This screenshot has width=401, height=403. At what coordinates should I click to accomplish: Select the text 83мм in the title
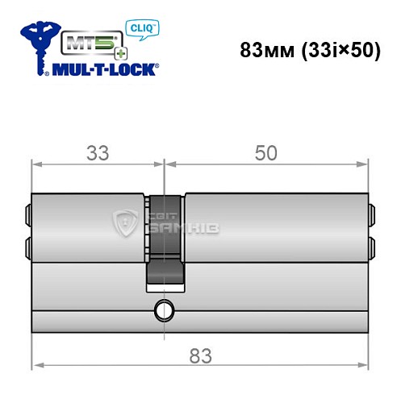[x=265, y=48]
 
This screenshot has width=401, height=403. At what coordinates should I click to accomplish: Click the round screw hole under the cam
[x=166, y=310]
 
